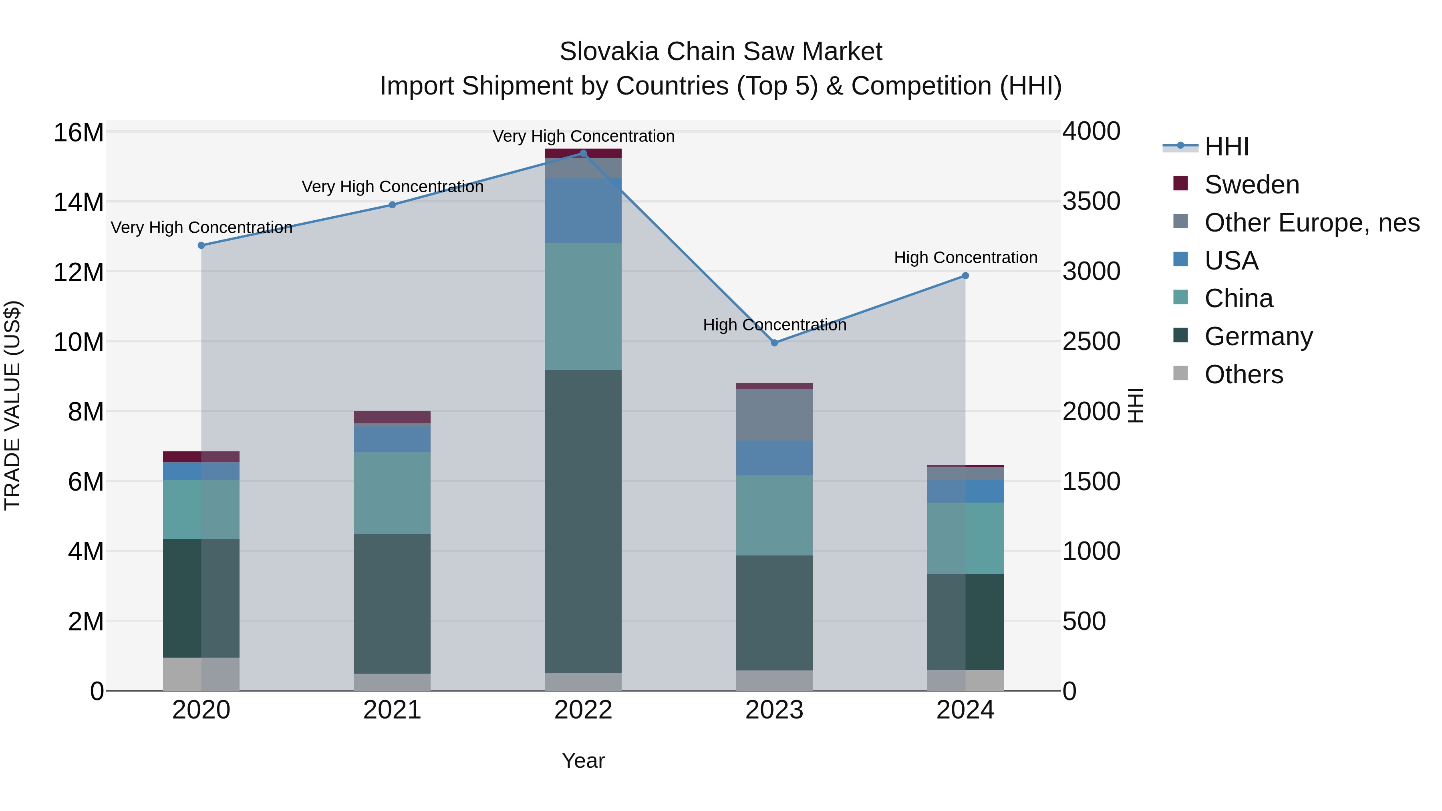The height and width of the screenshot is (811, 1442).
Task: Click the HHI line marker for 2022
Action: (583, 153)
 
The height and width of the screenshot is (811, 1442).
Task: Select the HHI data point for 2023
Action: (774, 342)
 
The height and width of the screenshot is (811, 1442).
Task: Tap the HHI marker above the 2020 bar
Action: (201, 245)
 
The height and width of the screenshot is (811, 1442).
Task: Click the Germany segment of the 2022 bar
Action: (583, 521)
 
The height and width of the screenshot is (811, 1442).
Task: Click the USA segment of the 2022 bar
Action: (583, 210)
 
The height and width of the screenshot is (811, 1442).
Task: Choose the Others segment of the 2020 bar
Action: (201, 674)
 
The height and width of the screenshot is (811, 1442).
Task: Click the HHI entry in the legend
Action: (1226, 147)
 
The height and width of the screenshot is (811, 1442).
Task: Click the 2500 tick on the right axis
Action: (1091, 341)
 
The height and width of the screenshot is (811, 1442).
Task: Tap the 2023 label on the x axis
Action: (774, 710)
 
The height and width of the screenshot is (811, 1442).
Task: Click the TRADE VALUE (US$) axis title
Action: (12, 405)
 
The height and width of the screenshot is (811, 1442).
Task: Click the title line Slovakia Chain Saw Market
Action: (721, 52)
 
